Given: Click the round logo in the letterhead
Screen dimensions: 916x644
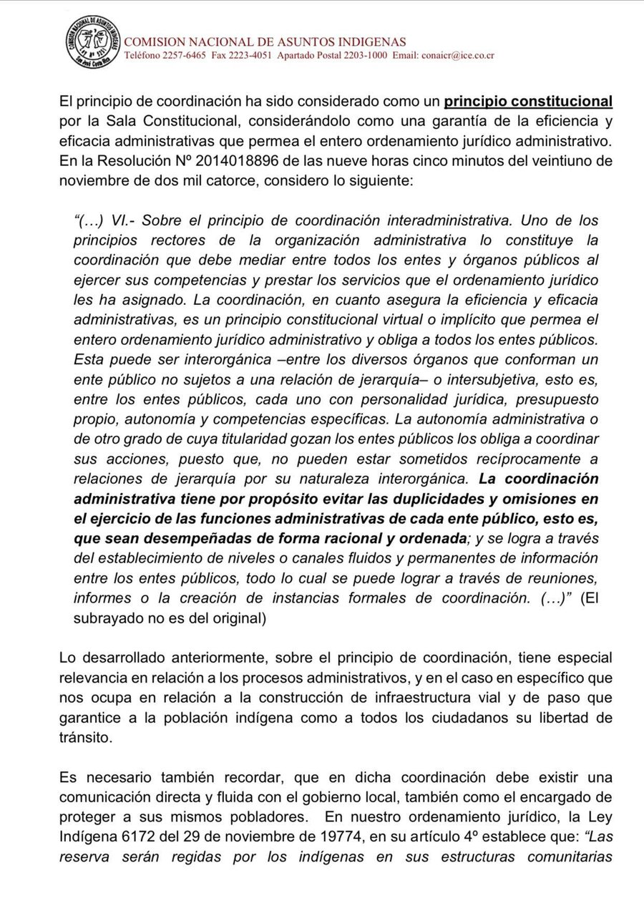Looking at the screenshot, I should (93, 42).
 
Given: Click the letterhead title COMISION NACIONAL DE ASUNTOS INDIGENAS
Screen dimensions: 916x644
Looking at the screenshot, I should (265, 42).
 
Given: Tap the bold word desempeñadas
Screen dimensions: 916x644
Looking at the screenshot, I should (195, 539).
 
